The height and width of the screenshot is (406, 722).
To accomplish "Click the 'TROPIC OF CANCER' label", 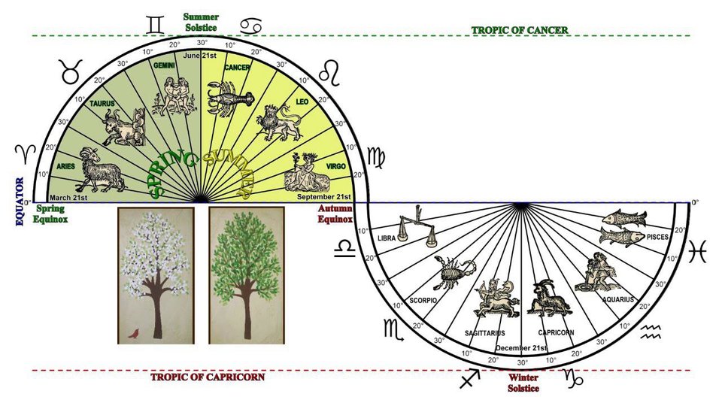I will coord(520,30).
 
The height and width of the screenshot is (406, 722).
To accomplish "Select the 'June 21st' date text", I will coord(201,56).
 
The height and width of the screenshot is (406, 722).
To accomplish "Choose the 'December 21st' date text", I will coord(521,349).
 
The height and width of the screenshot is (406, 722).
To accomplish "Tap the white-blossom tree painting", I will coord(156,275).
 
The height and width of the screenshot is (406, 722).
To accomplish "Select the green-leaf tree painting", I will coord(246,275).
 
